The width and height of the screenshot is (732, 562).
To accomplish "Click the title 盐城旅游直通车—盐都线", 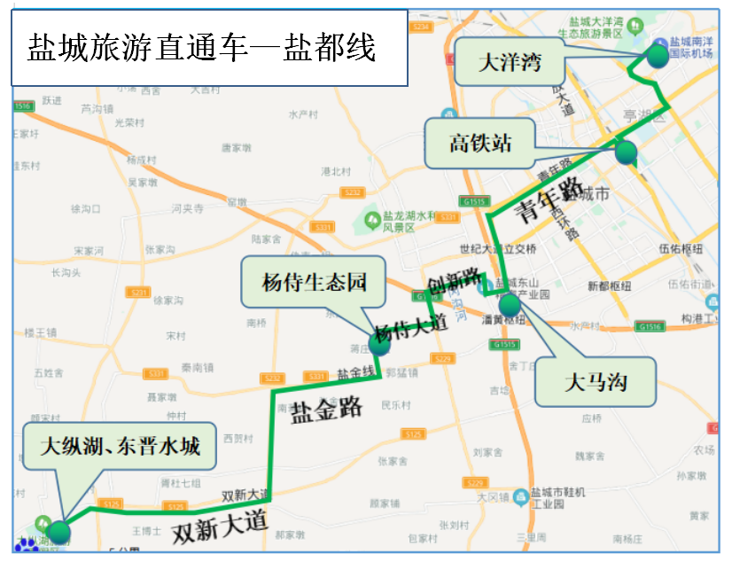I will point(202,47).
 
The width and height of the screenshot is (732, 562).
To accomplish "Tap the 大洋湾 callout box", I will point(509,62).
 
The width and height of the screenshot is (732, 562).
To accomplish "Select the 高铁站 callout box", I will point(479,143).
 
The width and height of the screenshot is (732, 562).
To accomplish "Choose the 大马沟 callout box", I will point(596,383).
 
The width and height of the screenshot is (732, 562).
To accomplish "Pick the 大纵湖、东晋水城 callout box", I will point(120,446).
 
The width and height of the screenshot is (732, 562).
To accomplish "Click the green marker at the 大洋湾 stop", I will point(658,56).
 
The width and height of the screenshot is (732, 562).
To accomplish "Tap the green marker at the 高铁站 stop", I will point(626,152).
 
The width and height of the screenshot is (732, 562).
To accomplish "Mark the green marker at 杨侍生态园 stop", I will point(379,344).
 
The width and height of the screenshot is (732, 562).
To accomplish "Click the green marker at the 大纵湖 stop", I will point(58,532).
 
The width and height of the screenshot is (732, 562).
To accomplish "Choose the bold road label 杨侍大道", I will point(409,330).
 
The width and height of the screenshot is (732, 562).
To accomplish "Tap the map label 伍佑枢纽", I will point(681,249).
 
